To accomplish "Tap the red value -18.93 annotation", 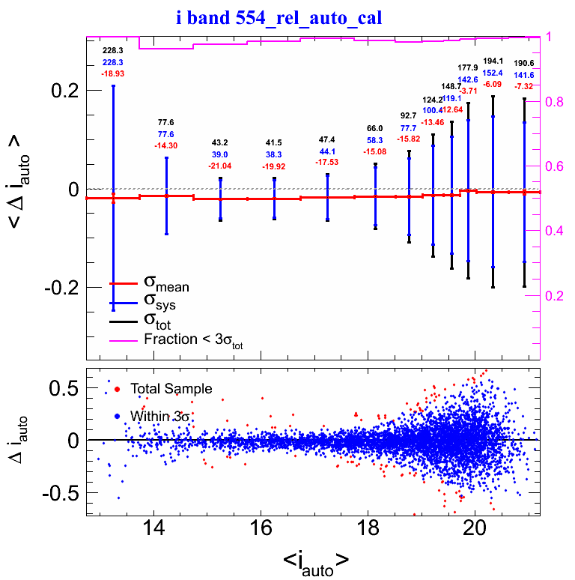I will click(113, 74).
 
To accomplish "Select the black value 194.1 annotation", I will click(493, 61).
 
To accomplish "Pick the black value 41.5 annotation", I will click(275, 142).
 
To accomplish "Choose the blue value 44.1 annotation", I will click(327, 151).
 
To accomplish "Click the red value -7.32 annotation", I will click(523, 87).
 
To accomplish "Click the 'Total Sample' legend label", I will click(171, 389).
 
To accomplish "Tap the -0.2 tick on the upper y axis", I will click(64, 288).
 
